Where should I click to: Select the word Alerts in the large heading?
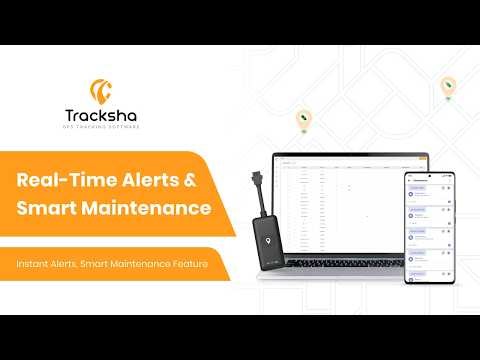point(150,181)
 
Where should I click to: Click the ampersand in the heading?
point(195,181)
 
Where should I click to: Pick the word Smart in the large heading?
point(46,209)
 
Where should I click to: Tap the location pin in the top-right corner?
point(449,88)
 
